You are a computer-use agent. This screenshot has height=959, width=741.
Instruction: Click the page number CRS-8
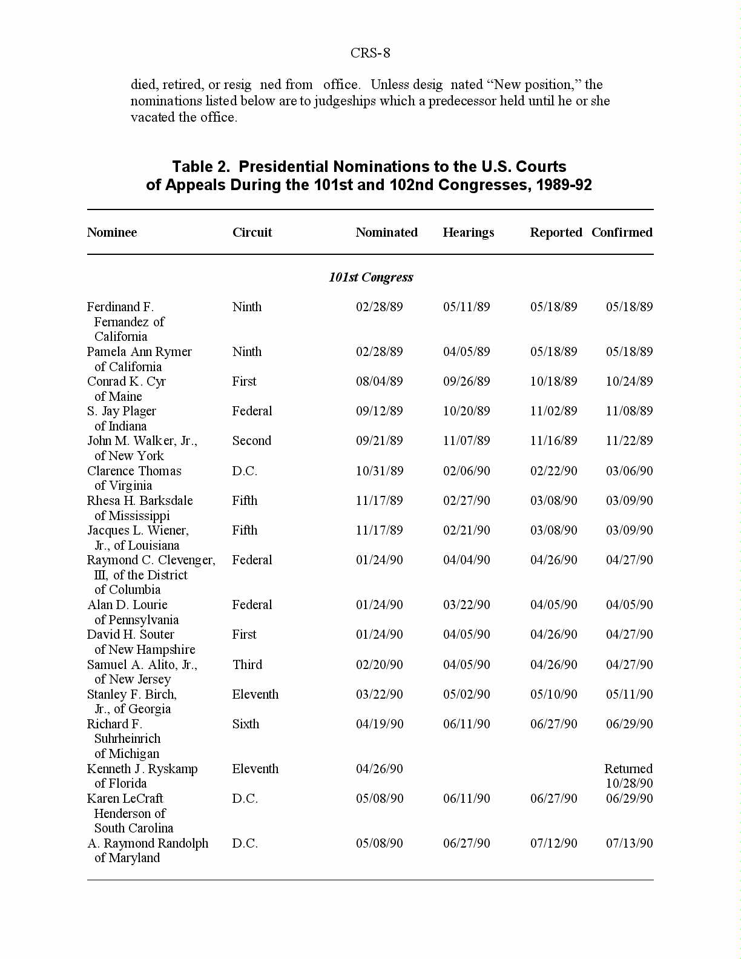coord(370,53)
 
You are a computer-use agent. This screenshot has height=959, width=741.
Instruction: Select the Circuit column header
coord(252,232)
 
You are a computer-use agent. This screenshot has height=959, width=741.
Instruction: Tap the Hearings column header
coord(468,232)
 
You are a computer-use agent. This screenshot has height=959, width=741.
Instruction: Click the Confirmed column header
coord(622,232)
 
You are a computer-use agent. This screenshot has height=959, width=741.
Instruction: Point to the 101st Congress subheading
coord(370,277)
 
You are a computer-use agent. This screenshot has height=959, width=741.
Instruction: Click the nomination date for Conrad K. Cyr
coord(379,381)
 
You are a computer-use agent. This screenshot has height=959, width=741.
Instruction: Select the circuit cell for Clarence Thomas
coord(245,471)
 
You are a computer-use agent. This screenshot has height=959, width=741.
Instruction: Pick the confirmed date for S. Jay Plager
coord(629,411)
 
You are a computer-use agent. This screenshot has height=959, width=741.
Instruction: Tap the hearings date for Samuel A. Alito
coord(466,665)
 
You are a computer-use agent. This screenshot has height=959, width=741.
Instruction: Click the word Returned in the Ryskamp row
coord(628,769)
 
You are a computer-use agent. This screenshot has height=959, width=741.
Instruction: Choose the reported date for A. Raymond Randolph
coord(553,843)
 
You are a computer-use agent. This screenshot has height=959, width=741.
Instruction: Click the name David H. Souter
coord(131,634)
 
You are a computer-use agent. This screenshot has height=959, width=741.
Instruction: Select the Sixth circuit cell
coord(245,724)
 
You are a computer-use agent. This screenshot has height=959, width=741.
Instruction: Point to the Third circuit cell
coord(247,665)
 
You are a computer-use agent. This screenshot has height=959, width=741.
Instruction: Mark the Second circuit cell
coord(251,441)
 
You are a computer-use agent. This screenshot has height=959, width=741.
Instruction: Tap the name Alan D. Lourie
coord(127,605)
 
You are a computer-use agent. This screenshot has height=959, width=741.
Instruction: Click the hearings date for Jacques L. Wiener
coord(466,530)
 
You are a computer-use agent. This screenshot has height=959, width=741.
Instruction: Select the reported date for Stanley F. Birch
coord(553,694)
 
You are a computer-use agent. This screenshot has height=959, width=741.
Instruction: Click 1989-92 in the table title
coord(564,185)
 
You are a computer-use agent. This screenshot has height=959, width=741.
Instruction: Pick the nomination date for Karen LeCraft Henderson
coord(379,799)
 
